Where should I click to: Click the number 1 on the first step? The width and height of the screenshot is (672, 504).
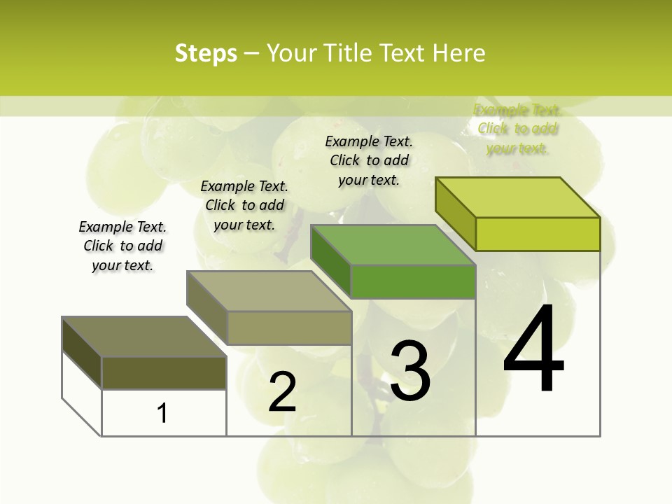(162, 413)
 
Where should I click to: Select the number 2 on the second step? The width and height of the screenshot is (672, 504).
(282, 392)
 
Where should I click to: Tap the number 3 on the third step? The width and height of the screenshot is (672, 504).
(409, 371)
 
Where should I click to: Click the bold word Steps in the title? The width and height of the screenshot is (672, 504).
(206, 53)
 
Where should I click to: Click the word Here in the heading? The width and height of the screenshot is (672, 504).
(459, 53)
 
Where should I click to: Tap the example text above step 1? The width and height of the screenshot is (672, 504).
(122, 246)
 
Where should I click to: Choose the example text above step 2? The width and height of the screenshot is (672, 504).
(244, 205)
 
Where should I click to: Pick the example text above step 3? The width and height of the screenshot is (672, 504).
(369, 160)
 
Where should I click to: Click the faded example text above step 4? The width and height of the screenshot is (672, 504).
(517, 129)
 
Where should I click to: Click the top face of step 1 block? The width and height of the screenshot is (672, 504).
(143, 337)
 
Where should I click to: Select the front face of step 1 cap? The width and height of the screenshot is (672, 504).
(164, 372)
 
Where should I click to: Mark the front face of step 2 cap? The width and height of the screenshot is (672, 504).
(289, 328)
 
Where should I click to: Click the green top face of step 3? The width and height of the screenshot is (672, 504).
(393, 245)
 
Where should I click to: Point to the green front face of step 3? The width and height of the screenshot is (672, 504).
(413, 281)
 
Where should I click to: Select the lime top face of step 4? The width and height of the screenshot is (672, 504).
(517, 197)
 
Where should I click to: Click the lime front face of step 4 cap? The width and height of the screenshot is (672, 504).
(538, 234)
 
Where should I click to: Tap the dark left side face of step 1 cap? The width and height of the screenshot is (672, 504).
(82, 352)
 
